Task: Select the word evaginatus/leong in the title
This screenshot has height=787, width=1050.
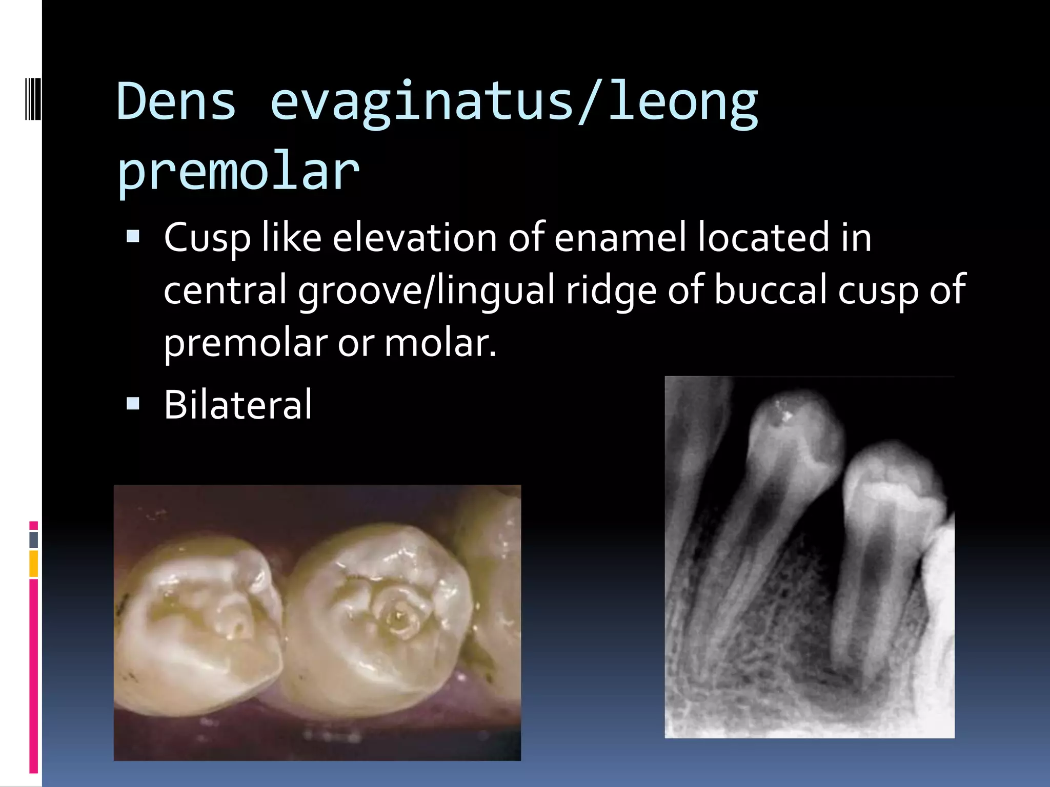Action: (514, 102)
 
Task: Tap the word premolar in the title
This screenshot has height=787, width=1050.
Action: (238, 172)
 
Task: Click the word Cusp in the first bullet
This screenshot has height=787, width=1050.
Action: (207, 238)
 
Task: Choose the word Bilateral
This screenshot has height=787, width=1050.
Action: (238, 405)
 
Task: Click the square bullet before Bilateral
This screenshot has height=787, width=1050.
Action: (133, 404)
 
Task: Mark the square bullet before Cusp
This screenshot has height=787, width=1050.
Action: (133, 236)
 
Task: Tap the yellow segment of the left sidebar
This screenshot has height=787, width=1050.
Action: (34, 563)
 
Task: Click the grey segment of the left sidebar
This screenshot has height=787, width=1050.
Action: (34, 540)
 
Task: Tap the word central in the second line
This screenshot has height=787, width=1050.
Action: (225, 289)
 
